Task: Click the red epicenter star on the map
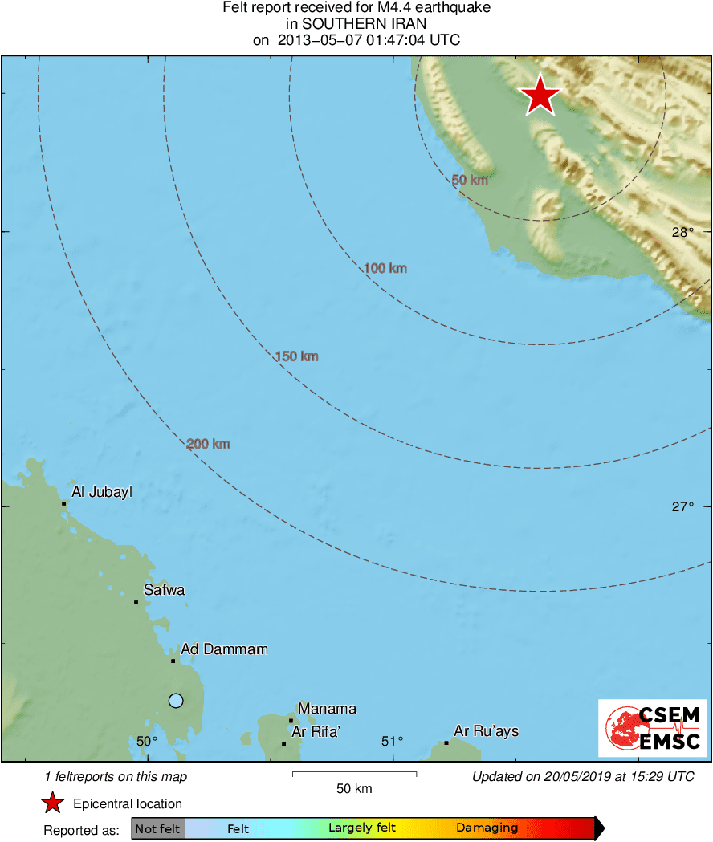point(541,96)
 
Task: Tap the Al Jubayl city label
point(101,492)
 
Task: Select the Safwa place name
point(164,590)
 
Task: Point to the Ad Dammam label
point(224,649)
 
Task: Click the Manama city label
point(327,709)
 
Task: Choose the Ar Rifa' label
point(316,731)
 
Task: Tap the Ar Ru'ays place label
point(486,731)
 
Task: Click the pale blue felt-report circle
point(176,701)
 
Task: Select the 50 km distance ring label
point(470,181)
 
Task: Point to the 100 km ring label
point(385,268)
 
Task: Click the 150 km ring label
point(296,356)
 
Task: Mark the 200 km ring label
point(208,444)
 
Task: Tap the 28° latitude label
point(682,233)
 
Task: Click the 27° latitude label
point(682,506)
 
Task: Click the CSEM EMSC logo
point(652,728)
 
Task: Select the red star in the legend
point(53,803)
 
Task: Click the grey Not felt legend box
point(157,828)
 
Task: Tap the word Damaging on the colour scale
point(487,828)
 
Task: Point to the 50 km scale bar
point(354,774)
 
